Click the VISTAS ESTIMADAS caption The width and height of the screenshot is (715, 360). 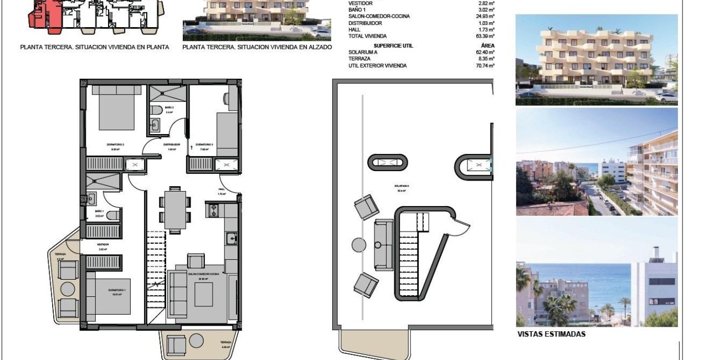click(x=551, y=335)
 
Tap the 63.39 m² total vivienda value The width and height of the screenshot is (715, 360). click(x=486, y=37)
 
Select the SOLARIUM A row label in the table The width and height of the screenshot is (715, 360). click(x=363, y=52)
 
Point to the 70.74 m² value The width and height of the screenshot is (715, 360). click(x=486, y=65)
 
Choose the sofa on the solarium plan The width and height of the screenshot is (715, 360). click(x=382, y=245)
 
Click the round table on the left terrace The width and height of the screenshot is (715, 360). click(x=68, y=289)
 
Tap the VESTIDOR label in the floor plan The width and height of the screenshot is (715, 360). click(x=102, y=244)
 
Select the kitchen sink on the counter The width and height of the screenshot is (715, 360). click(x=231, y=239)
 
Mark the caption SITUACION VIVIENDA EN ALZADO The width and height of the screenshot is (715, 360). click(x=257, y=48)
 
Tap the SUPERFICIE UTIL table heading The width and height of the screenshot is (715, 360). click(x=393, y=45)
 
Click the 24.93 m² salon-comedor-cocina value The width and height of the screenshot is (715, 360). click(x=486, y=16)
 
